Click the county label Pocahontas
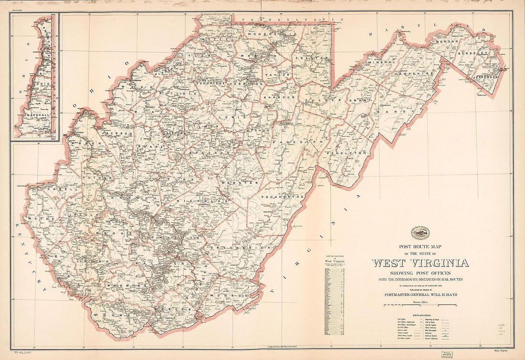point(283,196)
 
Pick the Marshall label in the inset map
point(34,115)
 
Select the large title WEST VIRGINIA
point(420,263)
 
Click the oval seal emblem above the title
point(420,233)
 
